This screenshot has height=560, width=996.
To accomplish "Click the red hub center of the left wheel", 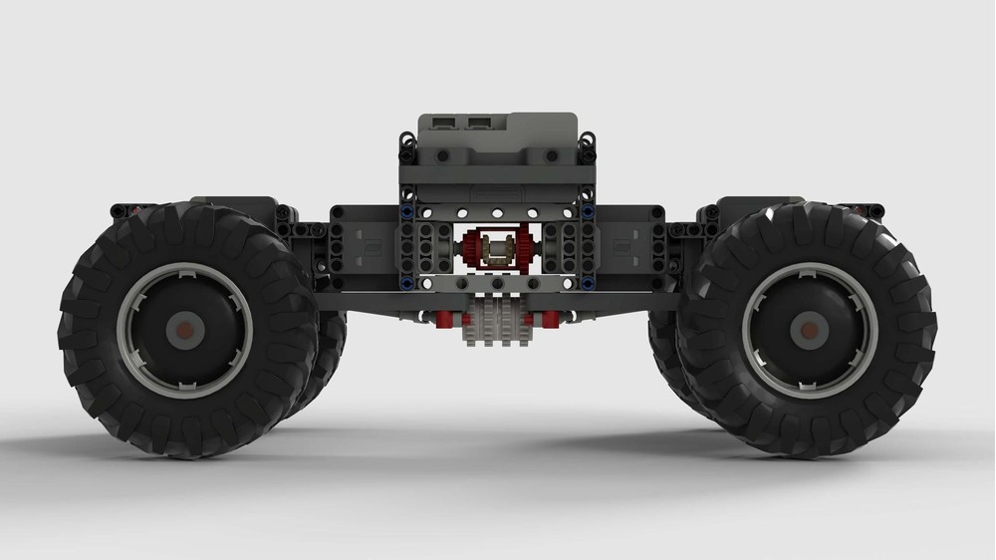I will [x=183, y=329].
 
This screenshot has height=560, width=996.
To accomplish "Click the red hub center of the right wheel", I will [x=810, y=329].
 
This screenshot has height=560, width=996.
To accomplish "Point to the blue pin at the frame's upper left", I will [x=407, y=211].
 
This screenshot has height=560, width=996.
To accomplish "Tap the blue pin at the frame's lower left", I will [x=407, y=282].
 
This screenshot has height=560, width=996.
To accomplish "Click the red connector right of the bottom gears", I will [x=549, y=319].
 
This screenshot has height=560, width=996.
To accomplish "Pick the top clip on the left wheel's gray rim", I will [x=183, y=268].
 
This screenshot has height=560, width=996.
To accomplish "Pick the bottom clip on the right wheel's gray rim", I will [x=810, y=391].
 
